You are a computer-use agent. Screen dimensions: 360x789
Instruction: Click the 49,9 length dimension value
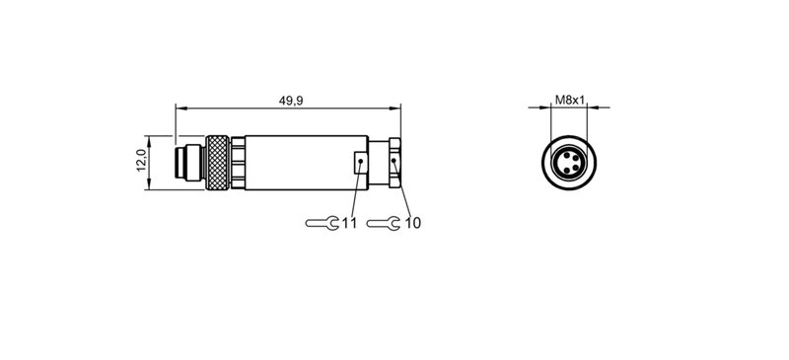[x=289, y=101]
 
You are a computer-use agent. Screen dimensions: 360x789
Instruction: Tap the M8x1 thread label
[x=569, y=100]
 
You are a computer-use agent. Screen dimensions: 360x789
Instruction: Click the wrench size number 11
[x=349, y=224]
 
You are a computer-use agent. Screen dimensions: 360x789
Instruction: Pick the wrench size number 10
[x=412, y=224]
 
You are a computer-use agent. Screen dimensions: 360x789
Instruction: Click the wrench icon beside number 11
[x=323, y=224]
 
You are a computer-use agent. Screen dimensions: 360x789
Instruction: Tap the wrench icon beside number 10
[x=386, y=224]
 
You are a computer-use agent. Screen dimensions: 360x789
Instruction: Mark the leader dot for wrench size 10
[x=394, y=164]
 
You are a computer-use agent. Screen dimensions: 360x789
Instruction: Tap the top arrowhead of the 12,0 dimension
[x=149, y=138]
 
